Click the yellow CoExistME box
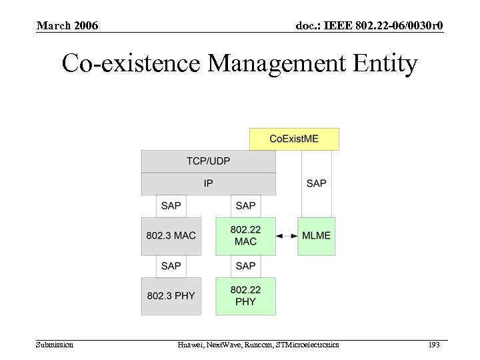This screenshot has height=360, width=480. (294, 139)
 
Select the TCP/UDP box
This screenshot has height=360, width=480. (208, 161)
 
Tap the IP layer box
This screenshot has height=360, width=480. (208, 183)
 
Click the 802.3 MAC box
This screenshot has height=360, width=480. (171, 236)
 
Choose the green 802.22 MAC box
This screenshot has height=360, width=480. (245, 236)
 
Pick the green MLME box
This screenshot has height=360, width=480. (316, 236)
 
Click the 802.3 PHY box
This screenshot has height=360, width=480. (171, 295)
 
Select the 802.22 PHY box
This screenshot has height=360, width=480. (245, 295)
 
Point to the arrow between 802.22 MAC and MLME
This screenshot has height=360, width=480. (287, 236)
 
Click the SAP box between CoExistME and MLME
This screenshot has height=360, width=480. (316, 183)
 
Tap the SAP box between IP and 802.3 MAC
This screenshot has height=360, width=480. (171, 205)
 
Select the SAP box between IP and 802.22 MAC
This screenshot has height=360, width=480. (245, 205)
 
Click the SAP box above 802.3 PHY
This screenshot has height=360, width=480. (171, 266)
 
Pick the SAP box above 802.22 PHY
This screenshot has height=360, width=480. (245, 266)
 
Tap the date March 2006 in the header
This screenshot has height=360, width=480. (67, 26)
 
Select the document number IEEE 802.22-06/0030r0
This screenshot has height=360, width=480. (369, 26)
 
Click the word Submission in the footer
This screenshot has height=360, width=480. (55, 345)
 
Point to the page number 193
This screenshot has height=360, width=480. (434, 345)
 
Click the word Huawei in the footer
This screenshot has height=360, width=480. (191, 345)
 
